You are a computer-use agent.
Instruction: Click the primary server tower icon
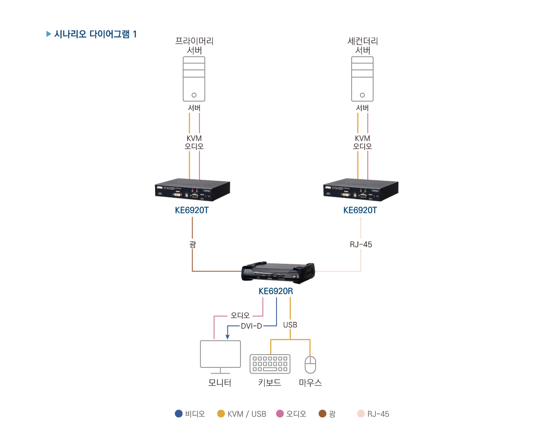click(x=194, y=79)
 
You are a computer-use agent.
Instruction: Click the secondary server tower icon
click(x=362, y=79)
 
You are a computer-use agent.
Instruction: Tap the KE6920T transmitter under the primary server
click(x=192, y=190)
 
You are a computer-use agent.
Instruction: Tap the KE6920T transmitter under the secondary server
click(x=360, y=190)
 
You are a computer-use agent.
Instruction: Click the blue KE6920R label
click(x=276, y=292)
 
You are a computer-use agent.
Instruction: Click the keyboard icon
click(x=270, y=364)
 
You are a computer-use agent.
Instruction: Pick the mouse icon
click(x=310, y=365)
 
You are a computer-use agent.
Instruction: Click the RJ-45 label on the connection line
click(x=361, y=244)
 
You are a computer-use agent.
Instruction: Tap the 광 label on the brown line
click(x=192, y=244)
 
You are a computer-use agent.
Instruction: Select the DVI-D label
click(x=252, y=326)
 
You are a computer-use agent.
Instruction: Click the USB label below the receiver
click(x=290, y=325)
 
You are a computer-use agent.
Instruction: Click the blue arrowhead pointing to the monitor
click(x=227, y=336)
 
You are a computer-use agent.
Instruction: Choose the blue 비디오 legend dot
click(x=179, y=414)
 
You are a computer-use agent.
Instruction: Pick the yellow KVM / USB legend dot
click(x=221, y=414)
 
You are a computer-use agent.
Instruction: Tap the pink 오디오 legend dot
click(x=280, y=414)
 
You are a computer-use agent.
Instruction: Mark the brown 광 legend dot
click(x=322, y=414)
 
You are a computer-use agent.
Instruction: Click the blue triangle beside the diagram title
click(x=48, y=34)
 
